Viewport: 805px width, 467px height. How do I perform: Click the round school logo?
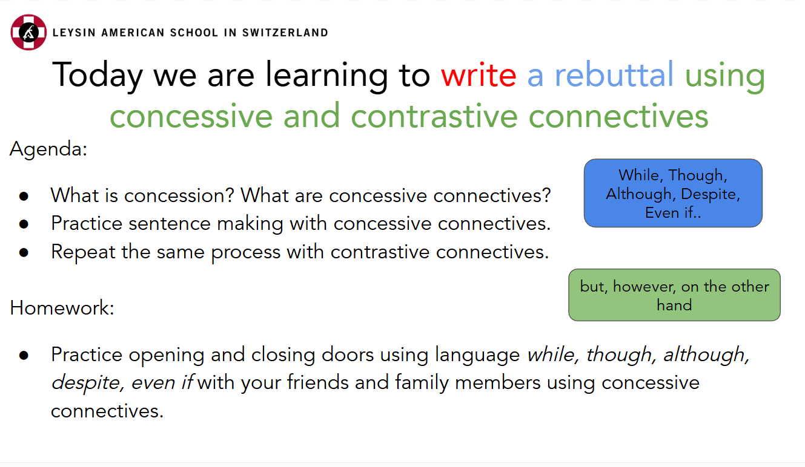(28, 32)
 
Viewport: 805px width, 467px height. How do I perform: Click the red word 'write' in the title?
(479, 74)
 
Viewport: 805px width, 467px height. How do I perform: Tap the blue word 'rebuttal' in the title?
(614, 74)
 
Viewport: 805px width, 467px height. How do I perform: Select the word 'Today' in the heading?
(98, 76)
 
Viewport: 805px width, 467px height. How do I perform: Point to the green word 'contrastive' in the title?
(434, 116)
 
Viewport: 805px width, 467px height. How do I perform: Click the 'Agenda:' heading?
(48, 149)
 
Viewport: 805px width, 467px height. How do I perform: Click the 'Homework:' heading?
(62, 308)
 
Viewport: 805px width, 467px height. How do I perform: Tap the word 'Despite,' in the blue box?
(711, 194)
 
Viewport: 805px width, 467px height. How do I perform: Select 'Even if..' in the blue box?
(673, 213)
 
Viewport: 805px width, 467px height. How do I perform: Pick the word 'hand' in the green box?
(674, 305)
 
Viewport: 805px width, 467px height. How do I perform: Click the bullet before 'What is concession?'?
(24, 196)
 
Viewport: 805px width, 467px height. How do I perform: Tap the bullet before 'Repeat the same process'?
(24, 252)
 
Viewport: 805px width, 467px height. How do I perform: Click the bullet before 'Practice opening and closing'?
(24, 355)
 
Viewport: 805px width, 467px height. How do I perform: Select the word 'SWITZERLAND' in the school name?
(285, 33)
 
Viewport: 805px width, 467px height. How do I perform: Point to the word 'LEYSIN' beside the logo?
(74, 33)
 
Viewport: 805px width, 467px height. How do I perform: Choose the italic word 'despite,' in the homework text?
(88, 383)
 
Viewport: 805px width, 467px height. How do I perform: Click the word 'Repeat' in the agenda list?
(83, 252)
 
